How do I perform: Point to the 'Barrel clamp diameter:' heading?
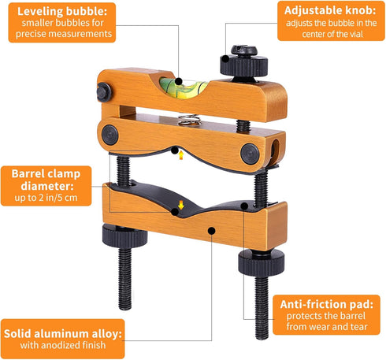click(43, 180)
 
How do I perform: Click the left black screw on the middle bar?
click(109, 135)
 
